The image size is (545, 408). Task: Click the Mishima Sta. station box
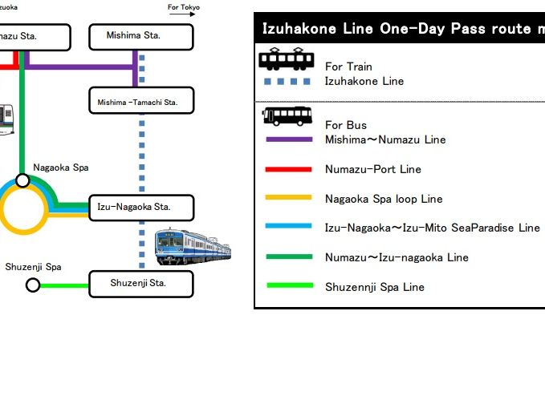140,36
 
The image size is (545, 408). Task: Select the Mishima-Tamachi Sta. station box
141,102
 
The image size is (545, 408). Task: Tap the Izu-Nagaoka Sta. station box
140,208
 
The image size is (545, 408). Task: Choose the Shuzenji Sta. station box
140,284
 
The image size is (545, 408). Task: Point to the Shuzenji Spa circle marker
33,285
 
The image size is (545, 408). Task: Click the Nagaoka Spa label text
61,168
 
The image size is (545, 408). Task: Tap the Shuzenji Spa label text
34,267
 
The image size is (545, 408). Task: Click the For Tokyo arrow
184,7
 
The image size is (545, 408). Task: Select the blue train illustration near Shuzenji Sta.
193,246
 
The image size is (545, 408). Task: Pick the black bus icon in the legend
287,117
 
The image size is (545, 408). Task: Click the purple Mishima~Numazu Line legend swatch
287,139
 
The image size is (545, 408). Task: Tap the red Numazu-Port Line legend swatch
287,169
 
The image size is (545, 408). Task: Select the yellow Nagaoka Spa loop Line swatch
287,198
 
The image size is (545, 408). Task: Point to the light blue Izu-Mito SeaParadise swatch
287,228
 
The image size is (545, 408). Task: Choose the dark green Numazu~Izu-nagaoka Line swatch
287,257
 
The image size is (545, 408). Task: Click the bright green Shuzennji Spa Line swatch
287,286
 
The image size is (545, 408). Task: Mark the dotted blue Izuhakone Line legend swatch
287,81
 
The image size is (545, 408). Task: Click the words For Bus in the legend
346,125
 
